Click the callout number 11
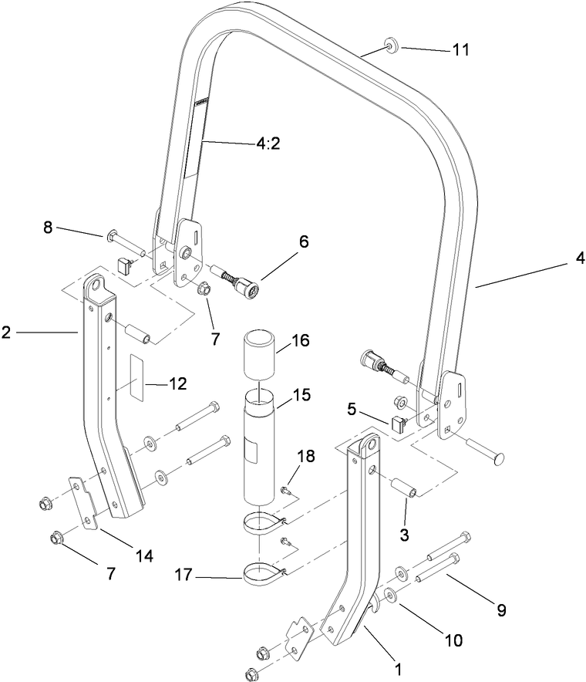pyautogui.click(x=460, y=49)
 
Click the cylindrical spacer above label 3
pyautogui.click(x=404, y=491)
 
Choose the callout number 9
pyautogui.click(x=501, y=609)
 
